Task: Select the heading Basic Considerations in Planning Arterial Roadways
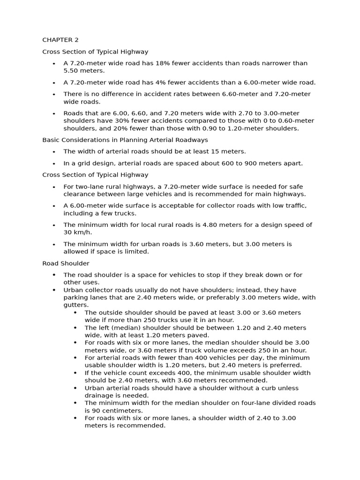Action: [125, 140]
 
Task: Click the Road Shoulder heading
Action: [66, 263]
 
